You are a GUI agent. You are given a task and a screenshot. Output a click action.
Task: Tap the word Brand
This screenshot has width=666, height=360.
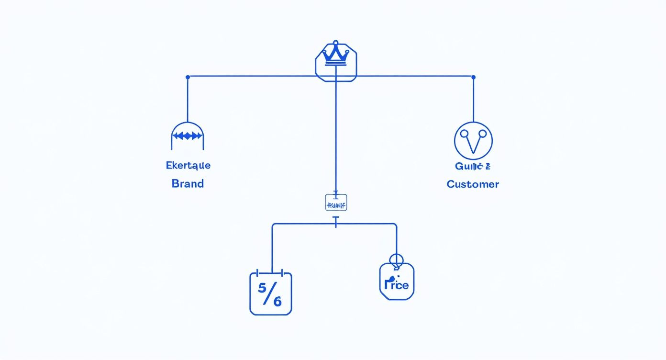188,183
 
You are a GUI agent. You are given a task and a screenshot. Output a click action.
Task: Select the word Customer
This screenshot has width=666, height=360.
473,184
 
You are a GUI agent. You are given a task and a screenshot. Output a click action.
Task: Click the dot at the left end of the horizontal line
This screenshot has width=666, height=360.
188,77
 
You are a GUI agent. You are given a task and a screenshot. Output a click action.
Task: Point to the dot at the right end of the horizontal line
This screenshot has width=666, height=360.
473,77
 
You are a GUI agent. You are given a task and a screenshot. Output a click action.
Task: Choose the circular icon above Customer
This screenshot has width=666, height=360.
473,141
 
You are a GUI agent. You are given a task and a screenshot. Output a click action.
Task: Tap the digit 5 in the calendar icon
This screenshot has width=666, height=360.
262,288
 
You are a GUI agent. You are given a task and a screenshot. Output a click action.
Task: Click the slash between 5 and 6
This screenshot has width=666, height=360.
270,295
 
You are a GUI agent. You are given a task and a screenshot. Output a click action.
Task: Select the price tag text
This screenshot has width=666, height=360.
397,284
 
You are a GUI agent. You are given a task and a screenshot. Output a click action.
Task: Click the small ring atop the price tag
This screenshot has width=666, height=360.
397,260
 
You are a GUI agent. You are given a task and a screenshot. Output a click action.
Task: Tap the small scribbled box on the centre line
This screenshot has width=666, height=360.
335,203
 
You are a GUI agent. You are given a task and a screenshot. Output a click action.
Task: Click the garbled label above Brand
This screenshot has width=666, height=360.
188,166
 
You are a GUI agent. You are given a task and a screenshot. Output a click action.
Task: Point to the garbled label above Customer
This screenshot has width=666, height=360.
473,166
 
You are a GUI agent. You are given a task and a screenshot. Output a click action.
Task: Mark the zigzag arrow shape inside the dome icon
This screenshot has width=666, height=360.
188,136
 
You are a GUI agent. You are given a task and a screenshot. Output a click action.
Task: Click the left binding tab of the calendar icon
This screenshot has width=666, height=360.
257,273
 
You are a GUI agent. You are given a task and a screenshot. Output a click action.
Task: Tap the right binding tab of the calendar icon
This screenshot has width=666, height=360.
283,273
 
